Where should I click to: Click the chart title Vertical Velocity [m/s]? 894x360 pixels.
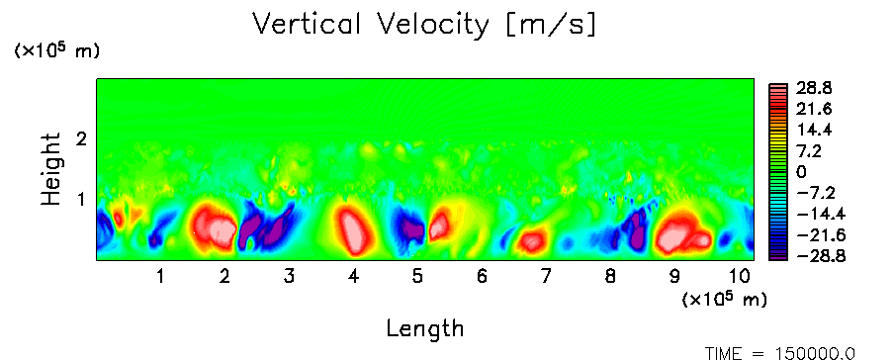[424, 26]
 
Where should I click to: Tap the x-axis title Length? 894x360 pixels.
[425, 328]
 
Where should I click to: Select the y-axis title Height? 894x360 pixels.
[50, 169]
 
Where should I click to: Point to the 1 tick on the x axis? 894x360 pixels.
[161, 277]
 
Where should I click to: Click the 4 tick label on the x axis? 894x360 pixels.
[353, 277]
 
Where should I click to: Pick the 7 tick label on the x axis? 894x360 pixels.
[546, 277]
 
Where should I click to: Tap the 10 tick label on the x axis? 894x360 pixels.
[739, 277]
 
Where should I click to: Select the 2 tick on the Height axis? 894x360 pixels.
[81, 138]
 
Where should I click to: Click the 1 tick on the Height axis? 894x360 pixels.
[81, 200]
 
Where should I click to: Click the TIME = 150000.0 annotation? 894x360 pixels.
[780, 353]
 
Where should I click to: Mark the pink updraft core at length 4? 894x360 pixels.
[355, 229]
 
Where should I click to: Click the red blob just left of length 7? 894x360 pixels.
[532, 240]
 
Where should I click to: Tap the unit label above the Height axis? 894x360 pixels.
[56, 50]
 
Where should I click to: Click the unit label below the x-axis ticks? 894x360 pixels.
[724, 299]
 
